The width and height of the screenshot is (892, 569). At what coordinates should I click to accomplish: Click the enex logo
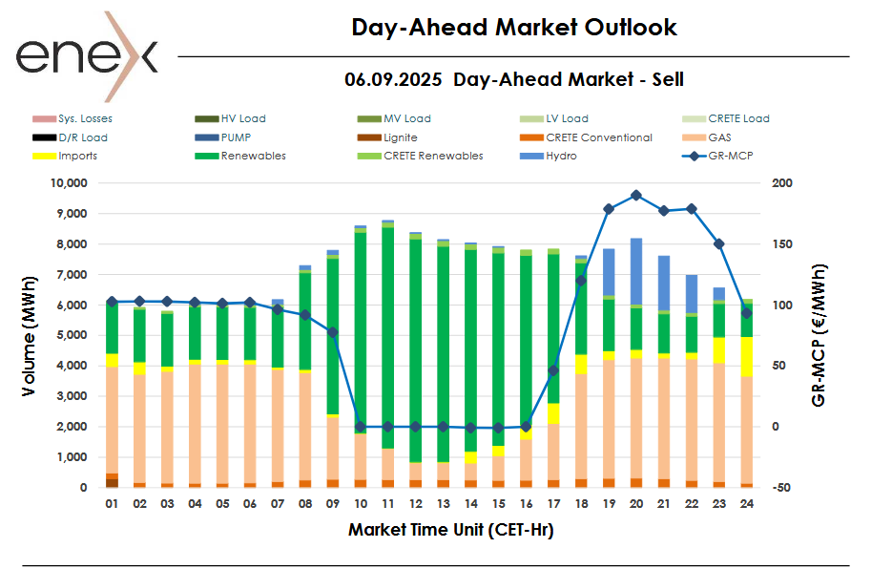coord(86,56)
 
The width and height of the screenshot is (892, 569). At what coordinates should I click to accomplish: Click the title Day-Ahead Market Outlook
coord(514,28)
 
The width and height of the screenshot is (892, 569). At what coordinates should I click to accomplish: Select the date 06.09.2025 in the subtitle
coord(393,80)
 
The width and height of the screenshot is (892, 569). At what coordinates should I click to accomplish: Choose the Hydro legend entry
coord(560,156)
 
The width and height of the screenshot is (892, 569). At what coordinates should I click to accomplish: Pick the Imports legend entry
coord(77,156)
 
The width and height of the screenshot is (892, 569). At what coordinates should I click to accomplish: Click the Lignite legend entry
coord(398,137)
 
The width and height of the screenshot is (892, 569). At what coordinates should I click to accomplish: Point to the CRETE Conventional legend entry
coord(598,137)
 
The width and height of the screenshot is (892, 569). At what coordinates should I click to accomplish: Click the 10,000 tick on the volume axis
coord(69,183)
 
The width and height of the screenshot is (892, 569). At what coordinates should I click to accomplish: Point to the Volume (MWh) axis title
coord(31,334)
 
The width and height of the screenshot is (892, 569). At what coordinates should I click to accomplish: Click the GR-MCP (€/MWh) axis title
coord(819,335)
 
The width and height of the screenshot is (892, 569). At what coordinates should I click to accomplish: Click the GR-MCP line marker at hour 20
coord(636,195)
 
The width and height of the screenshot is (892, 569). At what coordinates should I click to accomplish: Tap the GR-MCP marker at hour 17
coord(553,370)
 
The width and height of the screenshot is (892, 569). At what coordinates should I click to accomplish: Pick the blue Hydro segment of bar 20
coord(635,272)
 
